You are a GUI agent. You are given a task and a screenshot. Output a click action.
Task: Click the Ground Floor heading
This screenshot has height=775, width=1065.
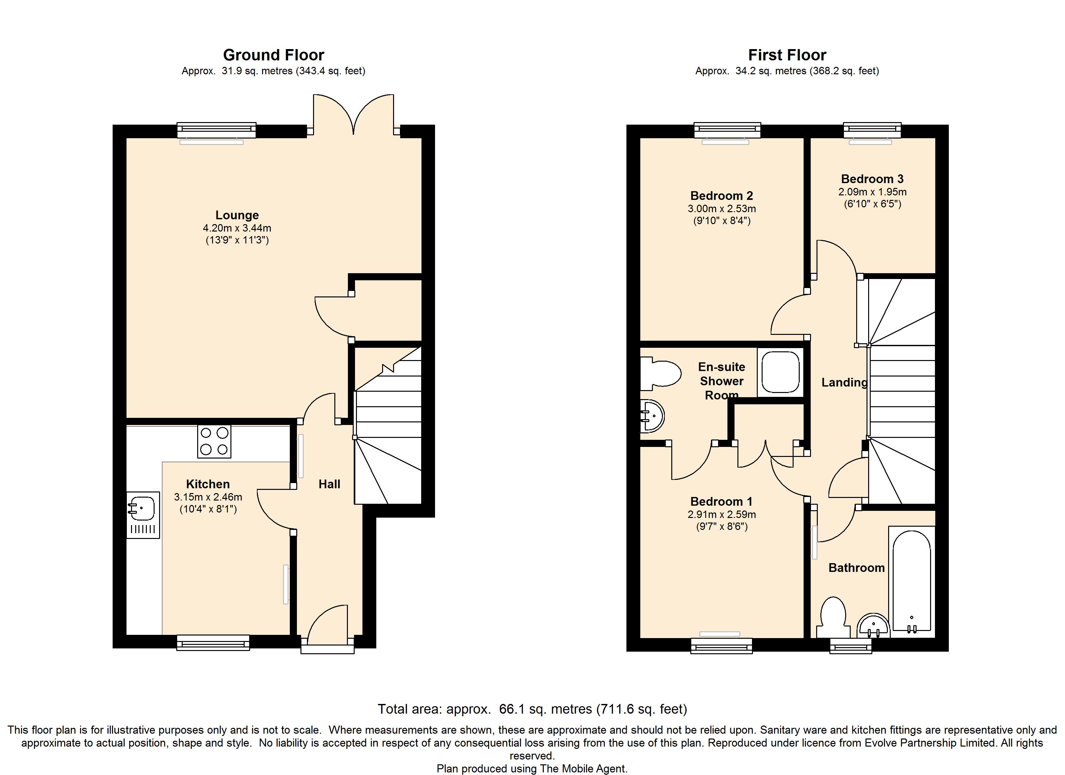tap(273, 55)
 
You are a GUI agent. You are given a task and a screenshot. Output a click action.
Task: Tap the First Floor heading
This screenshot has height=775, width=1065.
tap(787, 55)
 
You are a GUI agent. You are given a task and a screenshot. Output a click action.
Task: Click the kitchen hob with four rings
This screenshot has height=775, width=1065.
tap(214, 441)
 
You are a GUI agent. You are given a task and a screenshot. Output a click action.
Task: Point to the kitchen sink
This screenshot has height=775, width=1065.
tap(143, 515)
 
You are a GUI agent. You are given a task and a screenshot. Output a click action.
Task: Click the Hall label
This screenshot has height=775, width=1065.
tap(329, 484)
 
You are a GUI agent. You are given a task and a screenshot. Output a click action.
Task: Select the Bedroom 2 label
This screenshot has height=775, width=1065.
tap(722, 195)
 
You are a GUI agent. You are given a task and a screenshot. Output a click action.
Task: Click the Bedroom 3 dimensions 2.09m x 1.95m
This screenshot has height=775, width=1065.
tap(872, 192)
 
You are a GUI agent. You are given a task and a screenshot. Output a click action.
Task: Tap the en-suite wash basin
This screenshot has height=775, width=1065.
tap(652, 416)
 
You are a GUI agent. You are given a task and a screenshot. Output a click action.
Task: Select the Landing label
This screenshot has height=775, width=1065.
tap(844, 383)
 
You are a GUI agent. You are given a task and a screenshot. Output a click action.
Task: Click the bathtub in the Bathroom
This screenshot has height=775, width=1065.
tap(911, 581)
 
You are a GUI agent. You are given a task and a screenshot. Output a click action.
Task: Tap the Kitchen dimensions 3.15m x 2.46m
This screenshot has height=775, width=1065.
tap(208, 497)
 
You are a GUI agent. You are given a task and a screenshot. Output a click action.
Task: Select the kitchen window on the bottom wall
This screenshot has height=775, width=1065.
tap(213, 643)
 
